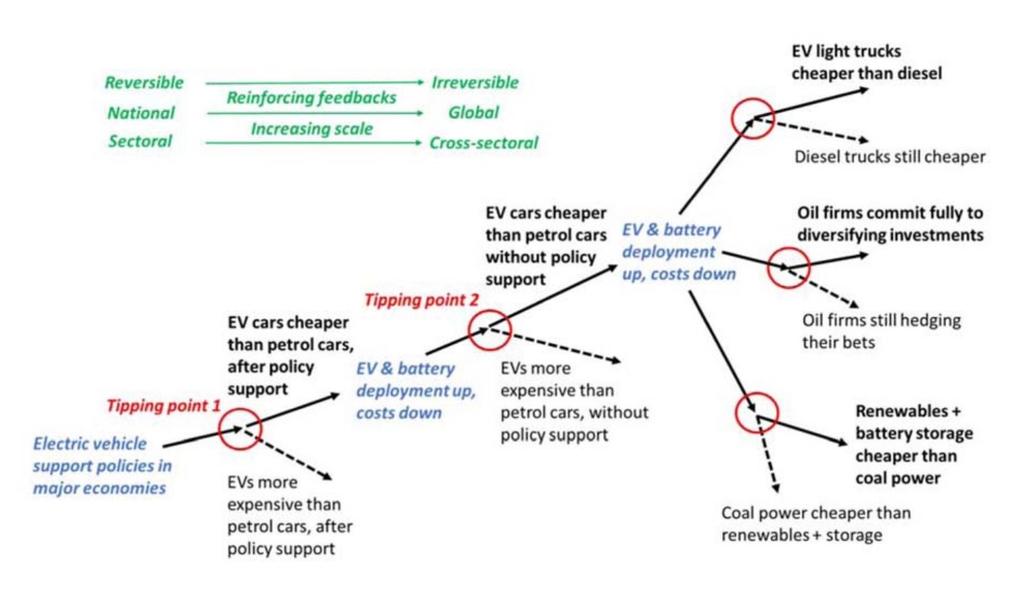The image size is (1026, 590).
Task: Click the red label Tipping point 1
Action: pos(163,406)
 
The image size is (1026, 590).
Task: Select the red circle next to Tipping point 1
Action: pos(241,428)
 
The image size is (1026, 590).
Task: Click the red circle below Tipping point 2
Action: pos(488,330)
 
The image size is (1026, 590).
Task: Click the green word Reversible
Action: pos(144,83)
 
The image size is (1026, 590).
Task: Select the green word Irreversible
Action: pos(475,83)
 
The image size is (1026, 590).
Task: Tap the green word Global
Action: pos(473,112)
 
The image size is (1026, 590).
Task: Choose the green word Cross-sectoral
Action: pos(483,142)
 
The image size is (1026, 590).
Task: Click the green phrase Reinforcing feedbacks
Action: pos(311,98)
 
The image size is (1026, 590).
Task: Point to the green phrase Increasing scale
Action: pos(312,129)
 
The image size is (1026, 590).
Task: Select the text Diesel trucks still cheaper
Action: pos(889,157)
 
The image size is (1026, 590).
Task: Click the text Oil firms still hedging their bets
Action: pos(881,330)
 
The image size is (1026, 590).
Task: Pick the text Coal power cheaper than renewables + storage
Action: pos(816,523)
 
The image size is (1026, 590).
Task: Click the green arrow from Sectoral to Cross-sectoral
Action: pos(313,143)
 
